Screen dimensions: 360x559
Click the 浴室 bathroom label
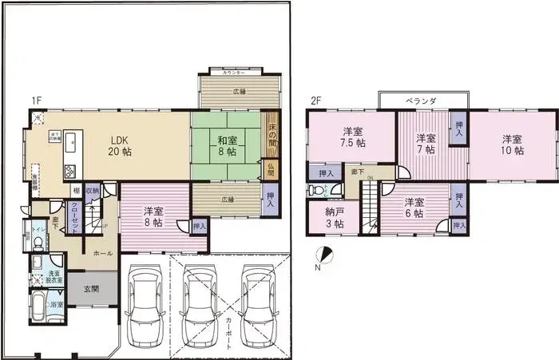coord(54,305)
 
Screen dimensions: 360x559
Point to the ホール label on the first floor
coord(102,253)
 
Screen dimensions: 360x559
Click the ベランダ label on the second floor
coord(421,101)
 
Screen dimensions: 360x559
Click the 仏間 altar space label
coord(271,168)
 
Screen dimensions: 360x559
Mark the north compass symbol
coord(322,255)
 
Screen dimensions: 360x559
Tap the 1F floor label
coord(36,101)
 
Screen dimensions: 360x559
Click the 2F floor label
coord(316,101)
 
